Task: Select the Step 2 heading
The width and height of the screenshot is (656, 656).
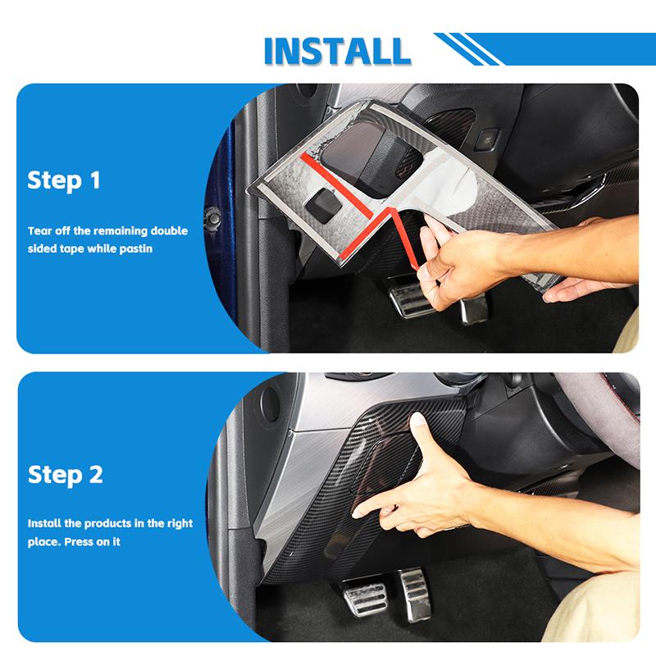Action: (66, 474)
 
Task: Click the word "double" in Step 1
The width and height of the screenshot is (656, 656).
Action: (167, 231)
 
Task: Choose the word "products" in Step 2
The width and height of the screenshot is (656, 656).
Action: (103, 523)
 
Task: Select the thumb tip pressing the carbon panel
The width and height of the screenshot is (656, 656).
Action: (418, 420)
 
